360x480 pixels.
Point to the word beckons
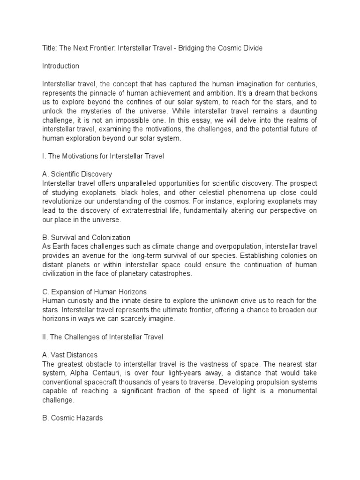coord(303,93)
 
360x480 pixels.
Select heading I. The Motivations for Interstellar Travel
coord(103,156)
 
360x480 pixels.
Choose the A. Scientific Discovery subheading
coord(77,174)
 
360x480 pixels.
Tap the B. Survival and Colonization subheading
coord(86,237)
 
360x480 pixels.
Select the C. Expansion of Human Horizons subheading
coord(94,292)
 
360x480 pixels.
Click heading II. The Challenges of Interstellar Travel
coord(102,337)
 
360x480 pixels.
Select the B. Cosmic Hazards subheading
coord(72,418)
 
